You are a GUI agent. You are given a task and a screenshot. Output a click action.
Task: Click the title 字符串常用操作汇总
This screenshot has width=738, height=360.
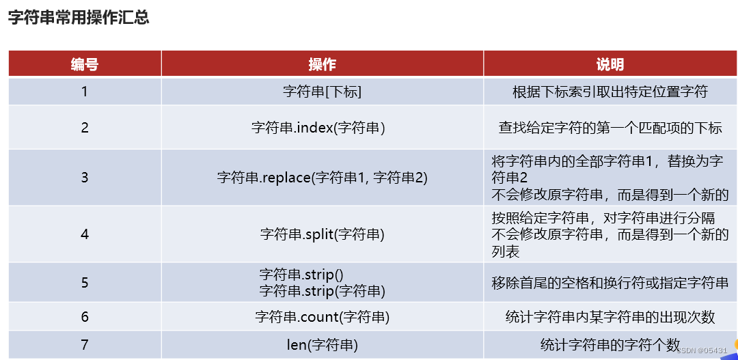click(x=79, y=18)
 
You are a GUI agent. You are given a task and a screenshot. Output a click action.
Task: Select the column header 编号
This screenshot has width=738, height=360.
click(x=85, y=64)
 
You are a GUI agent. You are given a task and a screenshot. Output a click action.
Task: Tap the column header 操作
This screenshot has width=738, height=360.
click(x=322, y=64)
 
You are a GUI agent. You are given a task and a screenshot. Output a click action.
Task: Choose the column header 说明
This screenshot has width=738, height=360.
click(x=610, y=64)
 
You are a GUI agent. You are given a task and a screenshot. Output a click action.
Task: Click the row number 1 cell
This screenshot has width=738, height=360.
click(x=85, y=91)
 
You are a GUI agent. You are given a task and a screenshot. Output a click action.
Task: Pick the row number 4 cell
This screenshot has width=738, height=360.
click(x=85, y=234)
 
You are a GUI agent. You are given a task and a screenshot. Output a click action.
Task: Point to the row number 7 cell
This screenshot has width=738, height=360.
click(x=85, y=344)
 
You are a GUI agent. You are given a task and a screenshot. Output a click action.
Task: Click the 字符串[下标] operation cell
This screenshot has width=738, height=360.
click(x=322, y=91)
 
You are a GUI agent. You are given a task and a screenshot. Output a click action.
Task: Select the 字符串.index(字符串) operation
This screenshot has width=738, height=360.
click(x=318, y=127)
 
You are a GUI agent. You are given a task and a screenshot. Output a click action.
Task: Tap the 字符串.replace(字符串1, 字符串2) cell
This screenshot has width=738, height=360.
click(x=322, y=177)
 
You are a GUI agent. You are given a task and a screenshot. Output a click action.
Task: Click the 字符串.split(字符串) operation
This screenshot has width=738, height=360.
click(x=322, y=234)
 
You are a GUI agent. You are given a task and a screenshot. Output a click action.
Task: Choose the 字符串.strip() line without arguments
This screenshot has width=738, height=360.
click(x=301, y=275)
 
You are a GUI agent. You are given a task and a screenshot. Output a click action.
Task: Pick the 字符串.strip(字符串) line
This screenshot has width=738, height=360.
click(x=322, y=290)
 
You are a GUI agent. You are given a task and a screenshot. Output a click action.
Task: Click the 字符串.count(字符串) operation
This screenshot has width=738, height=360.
click(x=322, y=317)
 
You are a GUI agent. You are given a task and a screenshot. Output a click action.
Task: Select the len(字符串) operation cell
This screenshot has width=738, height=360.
click(x=322, y=344)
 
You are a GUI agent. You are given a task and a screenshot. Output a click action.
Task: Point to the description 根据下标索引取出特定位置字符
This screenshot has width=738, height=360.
click(x=610, y=91)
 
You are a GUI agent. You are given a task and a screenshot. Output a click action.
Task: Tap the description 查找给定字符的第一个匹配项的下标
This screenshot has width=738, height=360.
click(x=610, y=127)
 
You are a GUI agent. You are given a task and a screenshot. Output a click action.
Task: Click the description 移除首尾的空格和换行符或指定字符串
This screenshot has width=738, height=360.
click(x=610, y=282)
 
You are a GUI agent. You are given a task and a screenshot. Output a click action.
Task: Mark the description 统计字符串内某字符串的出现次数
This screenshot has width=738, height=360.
click(x=610, y=317)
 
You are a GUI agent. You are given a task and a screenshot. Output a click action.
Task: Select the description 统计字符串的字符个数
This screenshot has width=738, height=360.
click(x=610, y=344)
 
